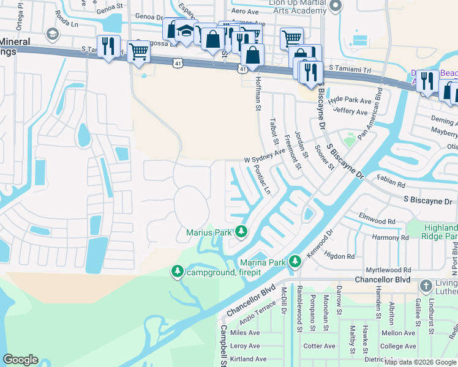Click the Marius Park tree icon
[242, 232]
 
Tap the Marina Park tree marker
[295, 262]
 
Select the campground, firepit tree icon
[178, 271]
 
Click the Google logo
[20, 360]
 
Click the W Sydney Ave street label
[265, 155]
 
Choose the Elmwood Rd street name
[377, 221]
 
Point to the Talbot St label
[273, 131]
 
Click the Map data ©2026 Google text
[420, 362]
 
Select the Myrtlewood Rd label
[388, 270]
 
